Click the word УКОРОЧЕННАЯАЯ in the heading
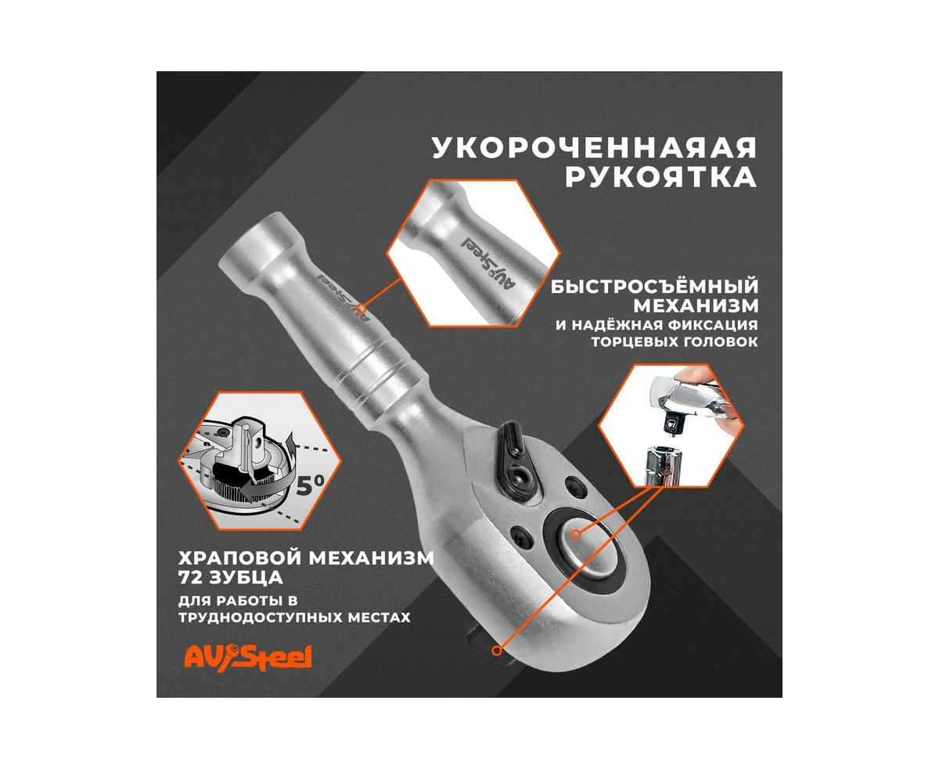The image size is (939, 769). pyautogui.click(x=595, y=148)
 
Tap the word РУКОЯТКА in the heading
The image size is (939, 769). pyautogui.click(x=661, y=177)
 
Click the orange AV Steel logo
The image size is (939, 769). pyautogui.click(x=247, y=657)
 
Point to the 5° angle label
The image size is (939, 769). pyautogui.click(x=310, y=486)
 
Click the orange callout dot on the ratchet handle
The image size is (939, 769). pyautogui.click(x=362, y=308)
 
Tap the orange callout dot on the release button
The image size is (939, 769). pyautogui.click(x=576, y=534)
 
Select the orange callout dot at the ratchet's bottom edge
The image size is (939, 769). pyautogui.click(x=497, y=651)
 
